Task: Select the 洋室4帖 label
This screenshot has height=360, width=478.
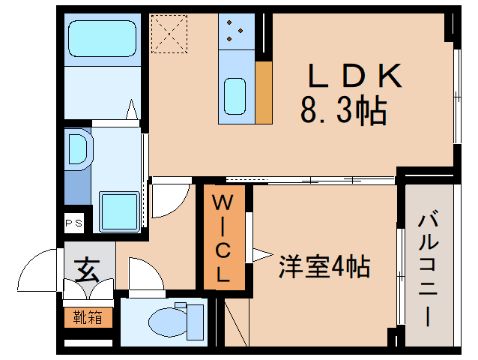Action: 324,266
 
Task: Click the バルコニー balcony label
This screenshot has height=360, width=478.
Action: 429,270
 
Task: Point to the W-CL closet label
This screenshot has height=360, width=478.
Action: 224,238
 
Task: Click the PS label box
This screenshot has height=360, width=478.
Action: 73,223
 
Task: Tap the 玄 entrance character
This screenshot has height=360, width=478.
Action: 87,268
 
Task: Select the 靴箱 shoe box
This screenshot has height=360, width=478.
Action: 88,316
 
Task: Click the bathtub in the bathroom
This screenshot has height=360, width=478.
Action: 100,38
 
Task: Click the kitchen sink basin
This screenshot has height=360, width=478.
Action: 235,95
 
